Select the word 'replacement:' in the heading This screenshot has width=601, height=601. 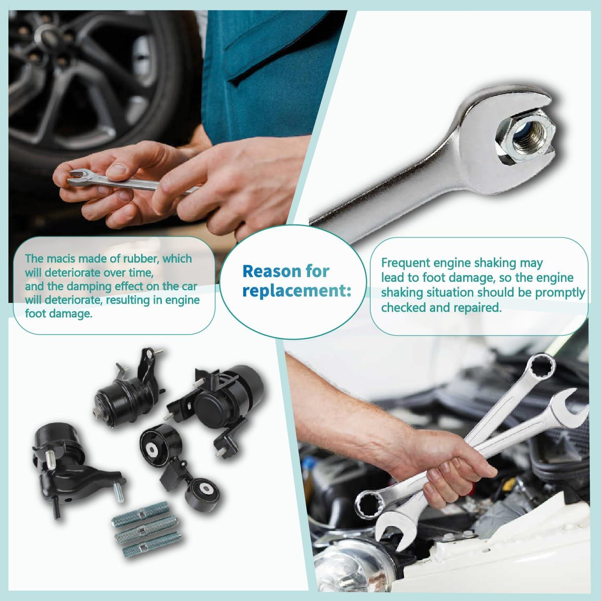296,291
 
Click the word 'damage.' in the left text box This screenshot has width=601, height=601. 58,313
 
